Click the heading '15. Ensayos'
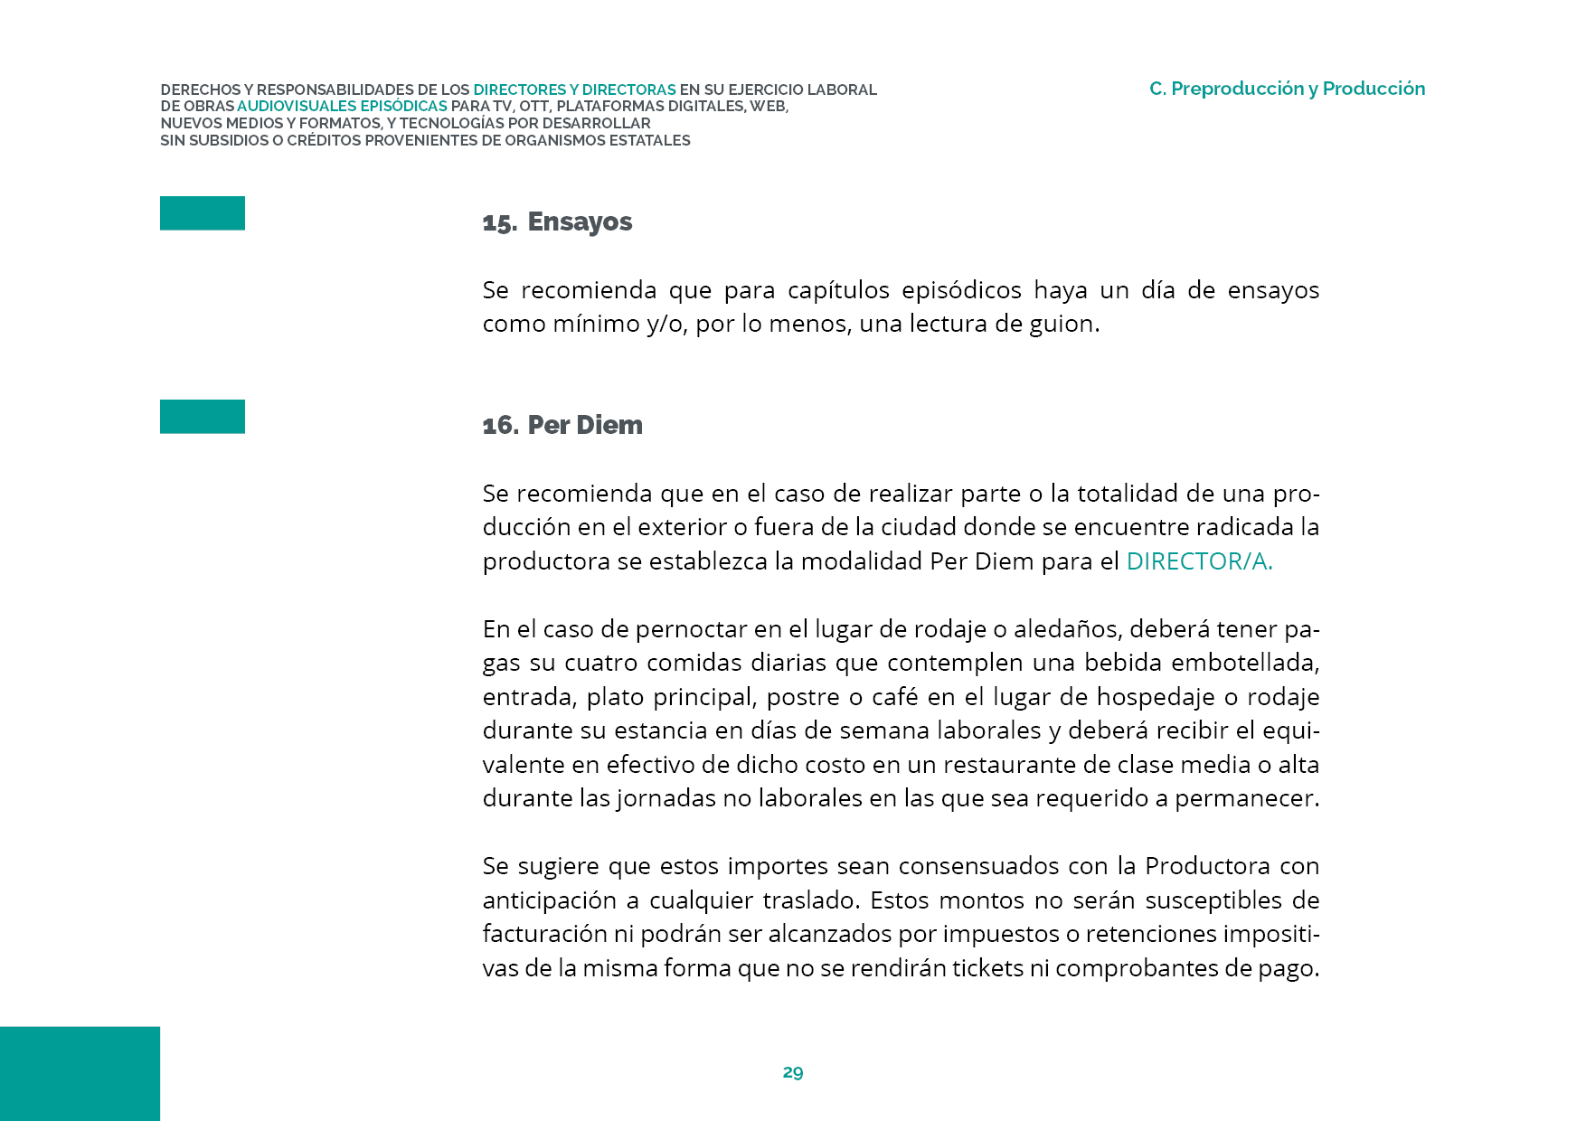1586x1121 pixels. [x=557, y=222]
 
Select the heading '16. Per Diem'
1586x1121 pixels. [x=562, y=426]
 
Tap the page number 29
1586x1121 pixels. [x=793, y=1072]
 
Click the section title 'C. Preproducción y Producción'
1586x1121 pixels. [x=1287, y=89]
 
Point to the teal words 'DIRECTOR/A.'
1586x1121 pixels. [x=1199, y=561]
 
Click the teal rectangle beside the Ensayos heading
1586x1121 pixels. [x=203, y=213]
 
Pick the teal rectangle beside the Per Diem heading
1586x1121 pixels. [x=203, y=417]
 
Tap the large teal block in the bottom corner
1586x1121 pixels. [x=80, y=1073]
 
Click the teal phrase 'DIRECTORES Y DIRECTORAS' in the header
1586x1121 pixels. [x=574, y=89]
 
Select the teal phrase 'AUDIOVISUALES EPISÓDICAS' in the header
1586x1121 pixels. [x=342, y=107]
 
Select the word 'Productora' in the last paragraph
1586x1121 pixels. [x=1207, y=866]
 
